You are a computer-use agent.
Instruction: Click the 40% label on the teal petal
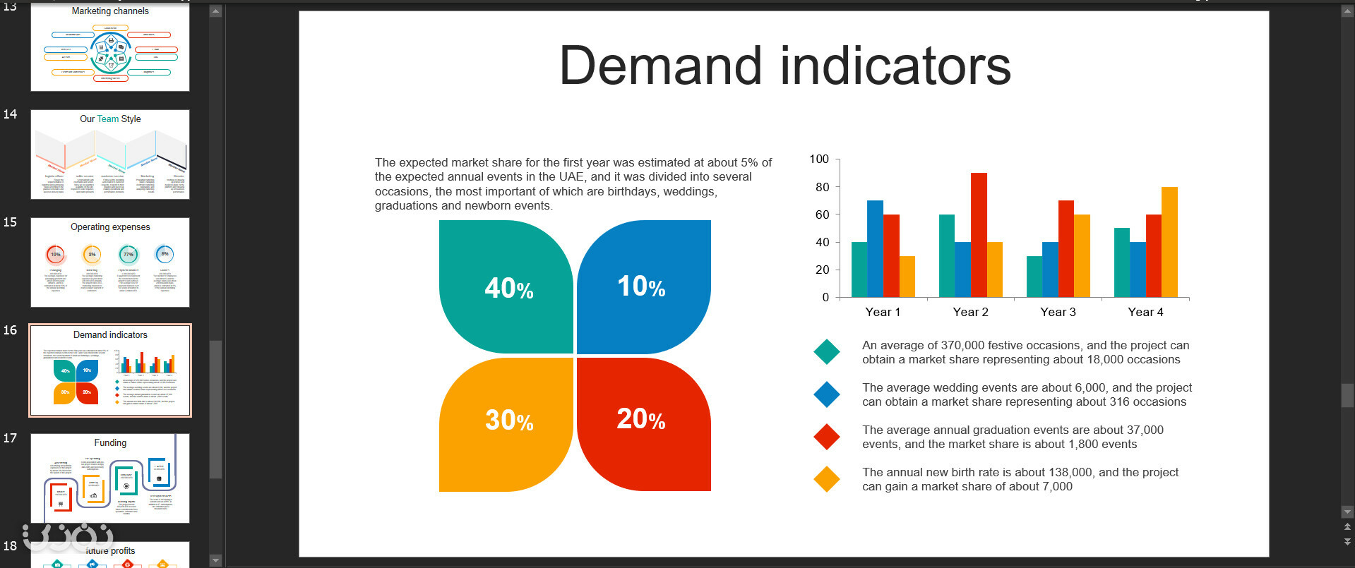(x=508, y=288)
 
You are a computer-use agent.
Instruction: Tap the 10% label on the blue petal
(x=641, y=286)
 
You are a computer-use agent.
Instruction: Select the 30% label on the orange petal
(x=508, y=421)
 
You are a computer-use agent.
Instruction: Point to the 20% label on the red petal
(x=641, y=419)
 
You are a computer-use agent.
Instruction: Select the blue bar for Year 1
(x=875, y=249)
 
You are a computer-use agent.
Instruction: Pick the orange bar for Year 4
(x=1169, y=242)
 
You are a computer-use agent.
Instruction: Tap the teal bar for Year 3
(x=1034, y=277)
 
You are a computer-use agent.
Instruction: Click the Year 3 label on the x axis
(x=1058, y=312)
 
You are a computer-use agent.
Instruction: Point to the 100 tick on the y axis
(x=819, y=159)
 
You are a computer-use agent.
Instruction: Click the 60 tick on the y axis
(x=822, y=214)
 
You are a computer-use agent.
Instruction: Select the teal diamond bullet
(x=826, y=351)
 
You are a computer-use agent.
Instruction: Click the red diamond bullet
(x=826, y=437)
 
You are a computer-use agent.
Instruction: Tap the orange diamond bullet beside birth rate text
(x=826, y=479)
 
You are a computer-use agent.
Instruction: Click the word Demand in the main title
(x=660, y=66)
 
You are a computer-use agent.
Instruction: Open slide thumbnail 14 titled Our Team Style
(x=110, y=155)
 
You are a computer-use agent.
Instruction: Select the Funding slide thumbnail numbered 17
(x=110, y=478)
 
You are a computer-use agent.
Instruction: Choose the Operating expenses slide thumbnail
(x=110, y=262)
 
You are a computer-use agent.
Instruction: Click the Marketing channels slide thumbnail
(x=110, y=47)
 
